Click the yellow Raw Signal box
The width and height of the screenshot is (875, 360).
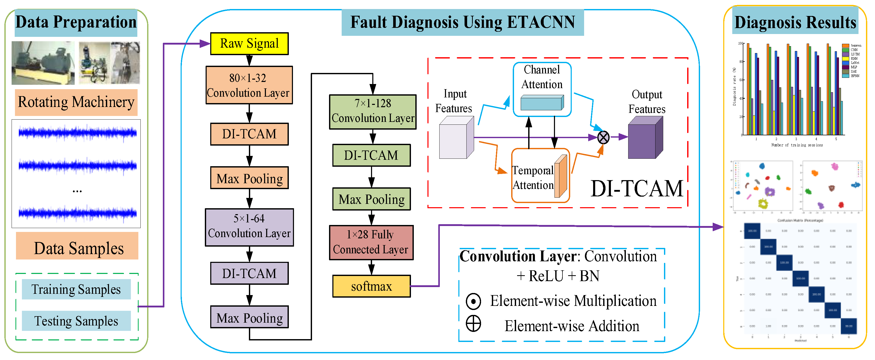pos(249,44)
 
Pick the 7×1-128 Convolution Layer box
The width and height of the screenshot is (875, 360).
pos(373,112)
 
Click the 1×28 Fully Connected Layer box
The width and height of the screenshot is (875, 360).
pos(371,242)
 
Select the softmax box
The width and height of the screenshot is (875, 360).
pos(371,286)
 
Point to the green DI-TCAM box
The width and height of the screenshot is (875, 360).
pos(371,155)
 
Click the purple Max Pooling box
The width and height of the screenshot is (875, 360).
pos(249,317)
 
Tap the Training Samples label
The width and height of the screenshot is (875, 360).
pos(76,289)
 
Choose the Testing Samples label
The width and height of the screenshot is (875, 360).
pos(76,321)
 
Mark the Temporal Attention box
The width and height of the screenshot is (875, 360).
pos(540,175)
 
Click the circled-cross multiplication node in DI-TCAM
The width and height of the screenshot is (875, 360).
pos(603,138)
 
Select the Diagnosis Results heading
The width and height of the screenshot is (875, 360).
pos(795,22)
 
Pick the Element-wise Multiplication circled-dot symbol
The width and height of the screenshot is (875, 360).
pos(473,301)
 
